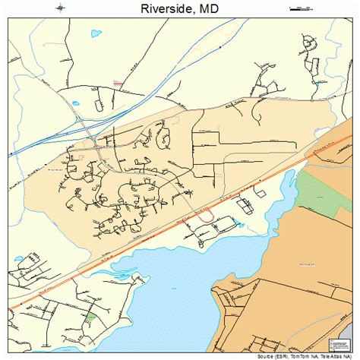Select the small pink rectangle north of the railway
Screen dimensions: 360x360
click(x=118, y=81)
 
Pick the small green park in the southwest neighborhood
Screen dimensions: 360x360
click(x=92, y=316)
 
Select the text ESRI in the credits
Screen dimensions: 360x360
click(x=284, y=355)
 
